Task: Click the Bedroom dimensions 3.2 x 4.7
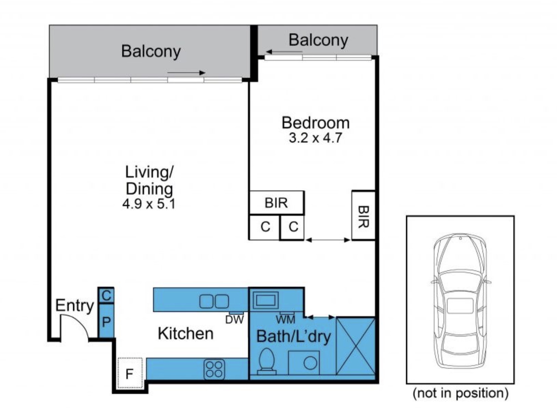[315, 138]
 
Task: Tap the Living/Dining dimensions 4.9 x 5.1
[149, 204]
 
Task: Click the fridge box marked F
[130, 373]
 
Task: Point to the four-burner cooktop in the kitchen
[214, 369]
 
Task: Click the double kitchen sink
[214, 301]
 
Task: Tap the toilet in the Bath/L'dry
[266, 361]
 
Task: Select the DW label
[234, 320]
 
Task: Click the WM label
[285, 320]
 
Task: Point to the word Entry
[74, 306]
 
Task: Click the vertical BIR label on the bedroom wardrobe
[363, 217]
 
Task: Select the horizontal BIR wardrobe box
[276, 202]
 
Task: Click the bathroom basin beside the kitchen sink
[265, 300]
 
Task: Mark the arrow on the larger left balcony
[186, 73]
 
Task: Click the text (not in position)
[460, 393]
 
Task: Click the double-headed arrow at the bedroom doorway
[328, 240]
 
